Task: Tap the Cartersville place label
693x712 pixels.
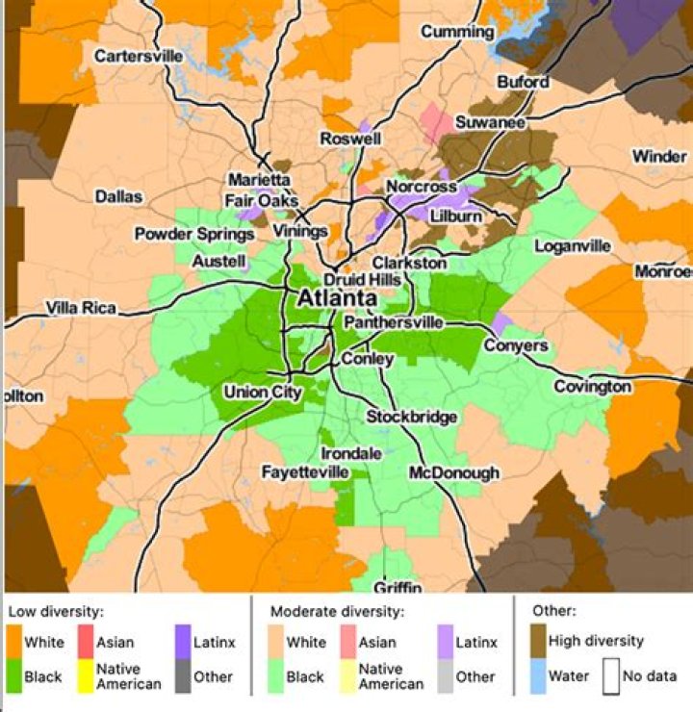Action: (x=139, y=57)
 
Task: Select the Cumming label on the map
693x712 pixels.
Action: (x=457, y=32)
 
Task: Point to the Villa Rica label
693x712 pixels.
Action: (x=81, y=309)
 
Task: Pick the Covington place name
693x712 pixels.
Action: (x=592, y=387)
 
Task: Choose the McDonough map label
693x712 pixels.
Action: (x=454, y=472)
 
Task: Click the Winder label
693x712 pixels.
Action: (x=659, y=157)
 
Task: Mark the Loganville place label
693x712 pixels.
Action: (x=574, y=246)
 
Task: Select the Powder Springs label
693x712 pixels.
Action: (x=181, y=234)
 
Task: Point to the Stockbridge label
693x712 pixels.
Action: (x=411, y=417)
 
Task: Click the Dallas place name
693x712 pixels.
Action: (x=118, y=196)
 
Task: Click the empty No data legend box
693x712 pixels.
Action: (x=608, y=675)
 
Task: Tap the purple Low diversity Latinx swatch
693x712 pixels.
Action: (x=188, y=642)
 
